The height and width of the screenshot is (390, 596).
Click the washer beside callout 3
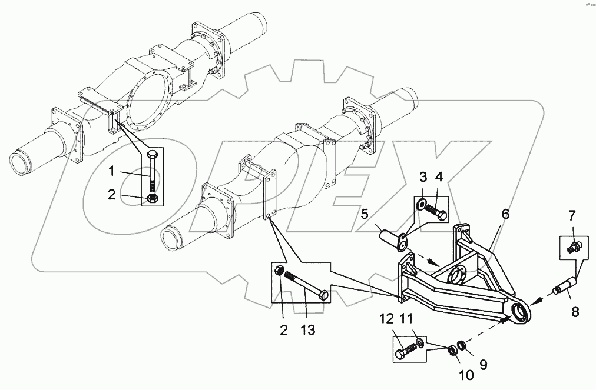422,205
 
